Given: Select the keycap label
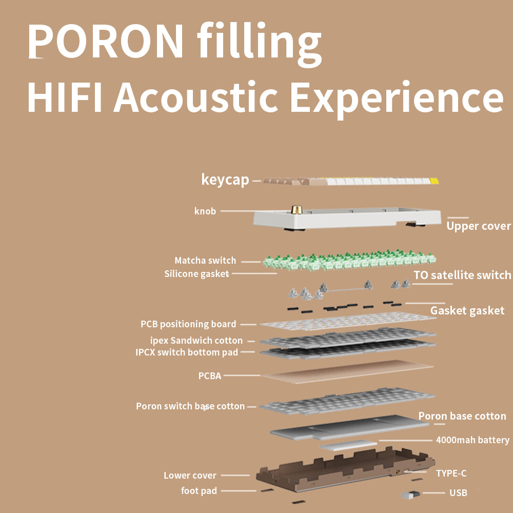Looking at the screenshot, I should [x=225, y=180].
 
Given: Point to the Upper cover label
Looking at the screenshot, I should [x=478, y=226].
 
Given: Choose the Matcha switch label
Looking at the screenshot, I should [x=205, y=261].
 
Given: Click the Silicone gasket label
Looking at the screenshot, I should [x=196, y=274].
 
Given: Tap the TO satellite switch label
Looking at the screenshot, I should [x=462, y=275].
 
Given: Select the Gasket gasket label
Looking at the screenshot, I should [x=467, y=310].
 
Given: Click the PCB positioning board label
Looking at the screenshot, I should [x=188, y=324].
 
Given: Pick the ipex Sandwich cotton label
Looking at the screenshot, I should [x=196, y=340].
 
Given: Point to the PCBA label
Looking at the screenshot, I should [x=210, y=376].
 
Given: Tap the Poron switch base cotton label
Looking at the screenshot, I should [x=190, y=406].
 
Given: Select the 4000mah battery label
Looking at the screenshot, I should [x=472, y=440].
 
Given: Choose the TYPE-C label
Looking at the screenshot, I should [x=451, y=473].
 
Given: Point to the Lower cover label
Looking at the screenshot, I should [x=190, y=476].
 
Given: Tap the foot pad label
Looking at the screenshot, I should [x=199, y=491].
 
